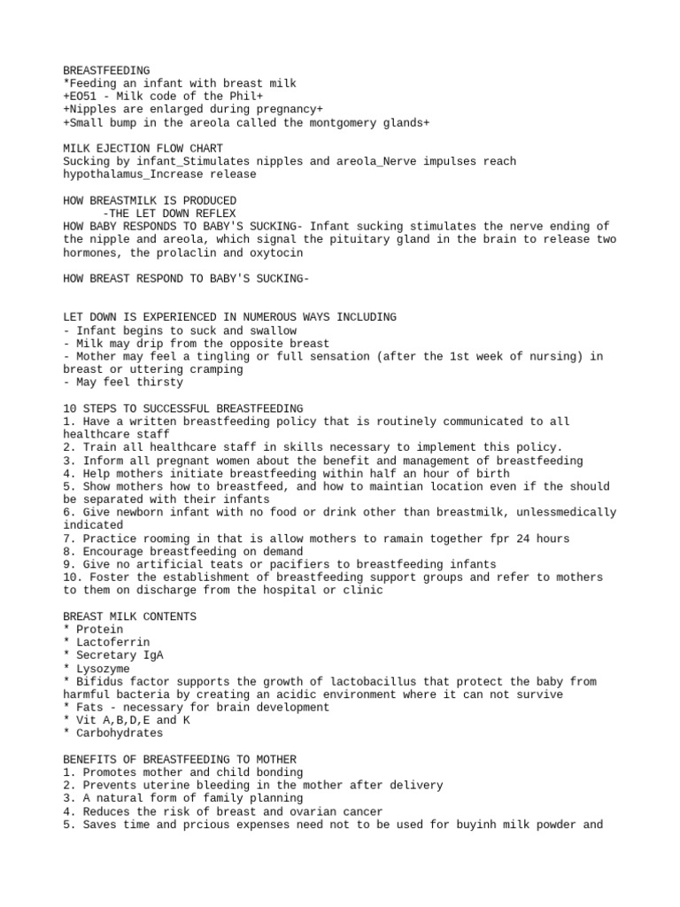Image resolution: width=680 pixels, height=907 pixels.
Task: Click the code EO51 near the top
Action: point(83,97)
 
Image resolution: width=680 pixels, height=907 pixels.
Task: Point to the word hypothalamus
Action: point(103,174)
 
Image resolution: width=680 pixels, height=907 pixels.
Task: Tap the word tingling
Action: point(223,356)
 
